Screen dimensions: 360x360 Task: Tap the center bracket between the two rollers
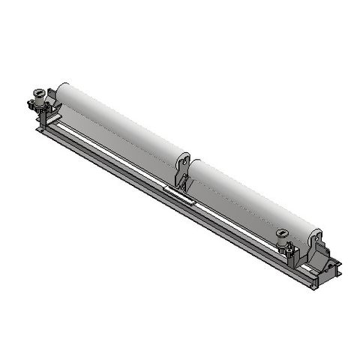tap(181, 174)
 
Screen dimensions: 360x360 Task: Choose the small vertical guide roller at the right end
tap(282, 238)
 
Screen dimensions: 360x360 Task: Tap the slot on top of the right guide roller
tap(282, 232)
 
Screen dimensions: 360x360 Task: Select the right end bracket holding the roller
tap(316, 251)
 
